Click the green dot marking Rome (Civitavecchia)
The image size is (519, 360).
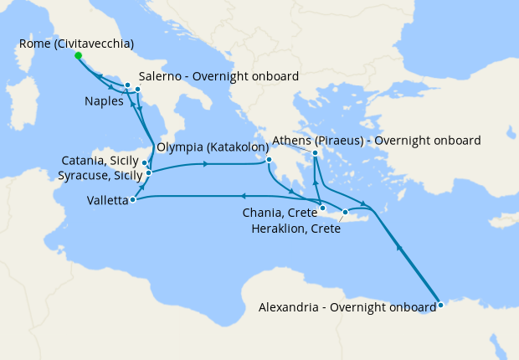point(78,56)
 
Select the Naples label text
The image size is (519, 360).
point(105,101)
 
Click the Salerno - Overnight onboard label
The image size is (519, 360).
point(218,77)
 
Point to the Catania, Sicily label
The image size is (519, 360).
point(100,161)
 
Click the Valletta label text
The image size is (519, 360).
point(107,201)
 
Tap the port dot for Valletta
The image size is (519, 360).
point(134,199)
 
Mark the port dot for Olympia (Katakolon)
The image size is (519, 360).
point(269,160)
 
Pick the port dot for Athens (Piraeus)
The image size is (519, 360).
point(315,153)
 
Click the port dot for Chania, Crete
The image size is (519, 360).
point(322,207)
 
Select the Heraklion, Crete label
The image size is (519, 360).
point(296,229)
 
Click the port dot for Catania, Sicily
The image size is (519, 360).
point(146,162)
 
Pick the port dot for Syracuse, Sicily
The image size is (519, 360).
point(149,172)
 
